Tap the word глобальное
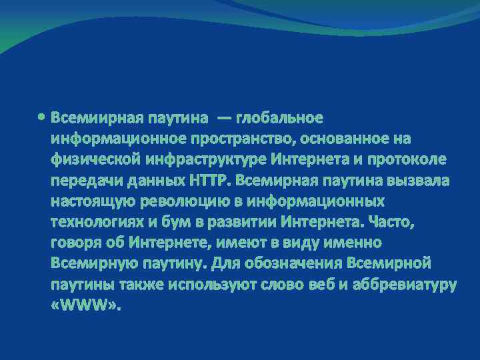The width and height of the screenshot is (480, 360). coord(279,119)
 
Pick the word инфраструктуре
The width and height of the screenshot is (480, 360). coord(202,160)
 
